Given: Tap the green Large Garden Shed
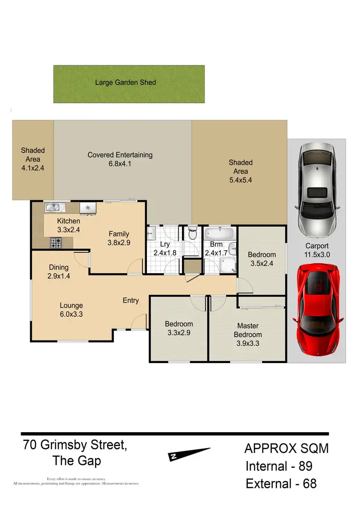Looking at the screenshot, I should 129,84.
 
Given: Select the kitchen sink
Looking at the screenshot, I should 55,207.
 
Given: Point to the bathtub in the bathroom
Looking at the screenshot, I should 219,234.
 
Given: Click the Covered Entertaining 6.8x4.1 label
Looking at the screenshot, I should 120,159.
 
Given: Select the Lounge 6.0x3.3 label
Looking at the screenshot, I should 72,310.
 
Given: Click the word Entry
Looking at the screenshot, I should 131,301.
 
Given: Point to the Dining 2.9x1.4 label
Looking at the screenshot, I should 59,272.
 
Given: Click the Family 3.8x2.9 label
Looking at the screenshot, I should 119,239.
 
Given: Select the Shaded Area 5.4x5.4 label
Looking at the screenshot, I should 240,171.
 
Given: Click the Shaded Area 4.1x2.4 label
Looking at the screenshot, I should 33,159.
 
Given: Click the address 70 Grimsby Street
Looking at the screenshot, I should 75,445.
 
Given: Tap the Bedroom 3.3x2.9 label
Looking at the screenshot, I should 179,328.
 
